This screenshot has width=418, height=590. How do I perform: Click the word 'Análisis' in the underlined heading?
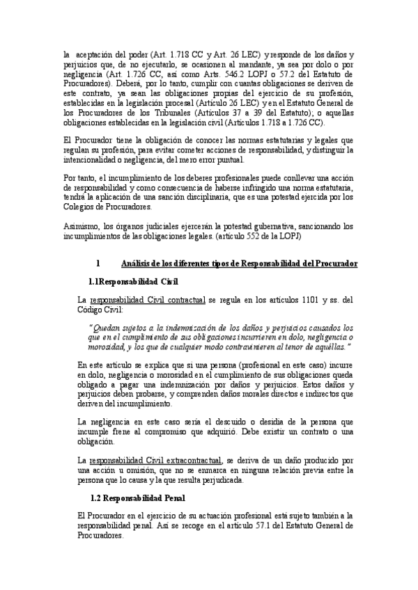(137, 264)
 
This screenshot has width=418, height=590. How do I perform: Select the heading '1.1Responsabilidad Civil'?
(133, 282)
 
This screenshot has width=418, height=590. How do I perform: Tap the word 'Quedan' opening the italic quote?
(109, 327)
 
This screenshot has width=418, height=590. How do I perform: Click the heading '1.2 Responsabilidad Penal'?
(134, 498)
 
